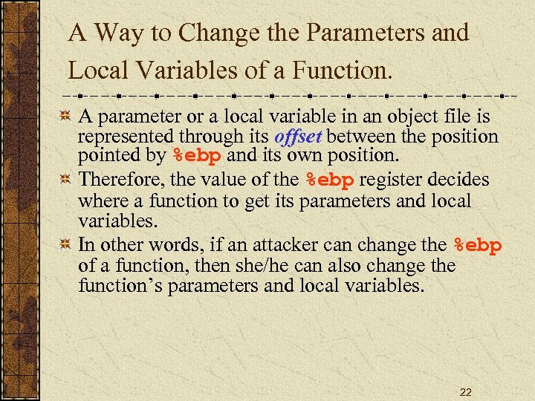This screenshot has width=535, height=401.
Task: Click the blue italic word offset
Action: [299, 137]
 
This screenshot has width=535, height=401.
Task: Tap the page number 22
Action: [465, 392]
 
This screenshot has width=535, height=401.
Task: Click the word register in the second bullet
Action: [391, 180]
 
